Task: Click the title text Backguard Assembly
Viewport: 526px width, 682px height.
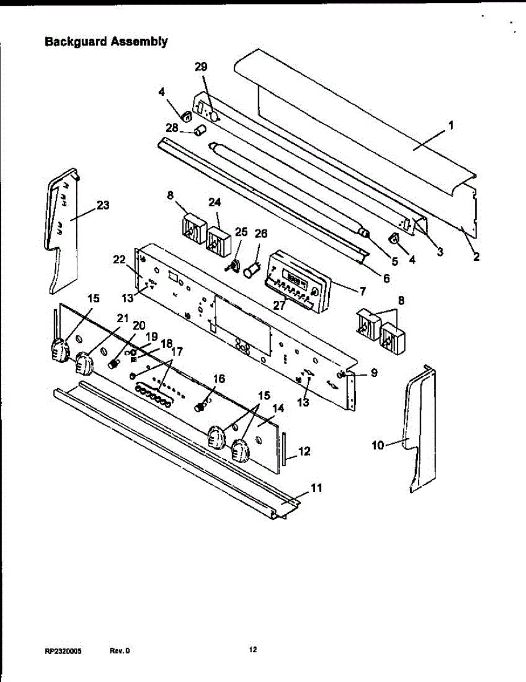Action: pos(106,41)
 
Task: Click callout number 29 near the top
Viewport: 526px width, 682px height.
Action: pos(201,67)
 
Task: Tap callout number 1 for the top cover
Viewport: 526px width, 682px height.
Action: pos(451,126)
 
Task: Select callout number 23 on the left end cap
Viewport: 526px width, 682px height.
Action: pos(103,205)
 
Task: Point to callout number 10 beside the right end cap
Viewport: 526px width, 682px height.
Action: pos(378,445)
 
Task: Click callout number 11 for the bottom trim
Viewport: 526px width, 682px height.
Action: pos(317,488)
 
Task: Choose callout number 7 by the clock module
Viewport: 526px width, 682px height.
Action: pos(361,290)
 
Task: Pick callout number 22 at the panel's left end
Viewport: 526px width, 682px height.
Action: pos(119,259)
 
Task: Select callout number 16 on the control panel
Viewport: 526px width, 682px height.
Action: pos(219,379)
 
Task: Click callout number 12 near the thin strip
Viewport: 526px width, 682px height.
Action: pos(304,451)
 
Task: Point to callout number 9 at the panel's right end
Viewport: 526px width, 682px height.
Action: pos(374,373)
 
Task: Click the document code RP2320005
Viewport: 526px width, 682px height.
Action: pos(63,651)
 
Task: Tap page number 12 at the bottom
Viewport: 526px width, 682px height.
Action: pos(253,650)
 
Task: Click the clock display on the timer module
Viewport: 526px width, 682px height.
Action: pos(296,278)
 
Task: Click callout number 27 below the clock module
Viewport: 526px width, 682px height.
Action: pos(279,305)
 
